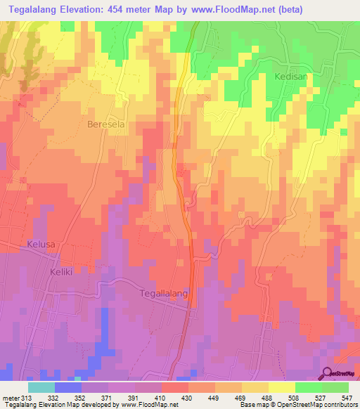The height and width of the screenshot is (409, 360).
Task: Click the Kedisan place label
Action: [292, 77]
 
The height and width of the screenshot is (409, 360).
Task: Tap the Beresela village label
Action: [105, 124]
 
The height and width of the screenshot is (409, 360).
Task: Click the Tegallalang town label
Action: [165, 294]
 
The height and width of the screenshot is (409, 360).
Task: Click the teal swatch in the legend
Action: [41, 387]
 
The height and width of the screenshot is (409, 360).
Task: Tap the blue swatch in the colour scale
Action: [68, 387]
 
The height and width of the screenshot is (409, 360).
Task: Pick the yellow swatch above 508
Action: [281, 387]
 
